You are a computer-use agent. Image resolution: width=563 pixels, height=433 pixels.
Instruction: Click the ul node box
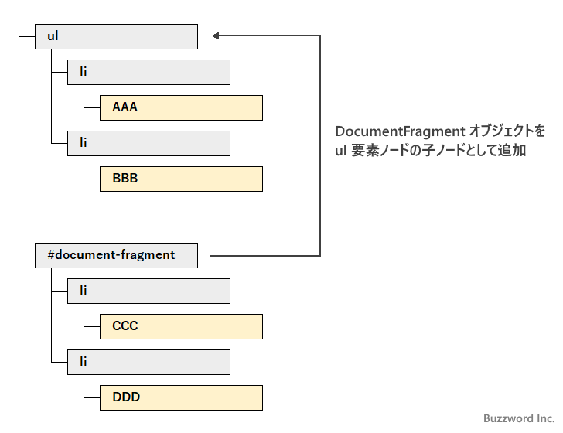[116, 36]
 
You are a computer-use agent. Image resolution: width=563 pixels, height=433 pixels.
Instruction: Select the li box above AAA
[148, 72]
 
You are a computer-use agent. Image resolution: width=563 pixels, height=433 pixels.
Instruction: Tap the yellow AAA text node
[181, 107]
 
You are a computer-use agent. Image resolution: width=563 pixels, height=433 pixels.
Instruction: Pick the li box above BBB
[148, 143]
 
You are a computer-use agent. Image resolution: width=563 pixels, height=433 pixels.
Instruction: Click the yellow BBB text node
[181, 179]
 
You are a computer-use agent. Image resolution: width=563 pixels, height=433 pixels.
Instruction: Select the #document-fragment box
[116, 255]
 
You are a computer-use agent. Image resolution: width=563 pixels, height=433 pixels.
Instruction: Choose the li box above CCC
[148, 291]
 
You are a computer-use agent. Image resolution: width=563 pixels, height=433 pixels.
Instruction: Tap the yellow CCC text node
[181, 326]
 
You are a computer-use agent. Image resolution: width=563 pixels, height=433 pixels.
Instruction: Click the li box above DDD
[148, 362]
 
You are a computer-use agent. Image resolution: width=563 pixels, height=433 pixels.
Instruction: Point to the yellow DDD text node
[181, 397]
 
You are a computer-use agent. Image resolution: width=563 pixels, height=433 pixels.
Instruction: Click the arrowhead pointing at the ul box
[217, 36]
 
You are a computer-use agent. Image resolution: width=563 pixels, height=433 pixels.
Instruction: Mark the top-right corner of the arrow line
[320, 36]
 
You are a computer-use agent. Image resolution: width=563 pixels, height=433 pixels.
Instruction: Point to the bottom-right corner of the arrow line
[320, 255]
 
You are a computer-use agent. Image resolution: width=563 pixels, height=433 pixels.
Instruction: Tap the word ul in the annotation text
[340, 151]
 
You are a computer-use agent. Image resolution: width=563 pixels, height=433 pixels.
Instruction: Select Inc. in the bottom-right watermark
[545, 418]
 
